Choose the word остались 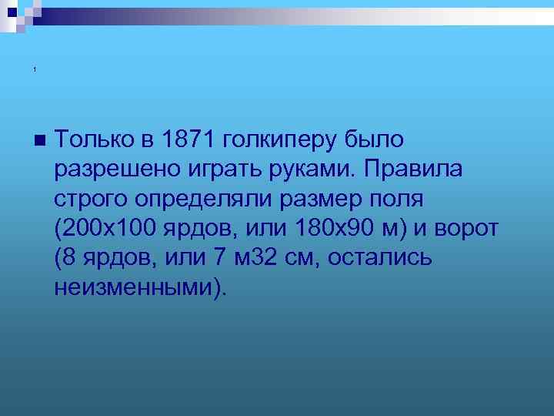[379, 257]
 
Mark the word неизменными [135, 287]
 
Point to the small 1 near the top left [35, 71]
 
